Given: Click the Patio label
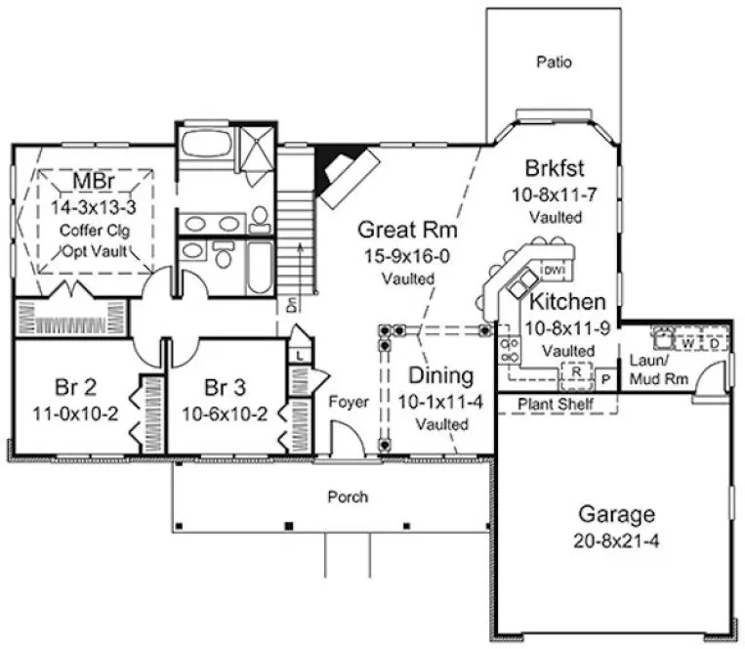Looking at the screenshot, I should pyautogui.click(x=554, y=63).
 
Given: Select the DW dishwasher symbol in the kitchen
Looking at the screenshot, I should pyautogui.click(x=554, y=269).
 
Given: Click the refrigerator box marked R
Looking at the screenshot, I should pyautogui.click(x=577, y=372).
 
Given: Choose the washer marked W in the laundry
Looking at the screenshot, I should pyautogui.click(x=687, y=343).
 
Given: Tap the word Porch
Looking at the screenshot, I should pyautogui.click(x=348, y=497).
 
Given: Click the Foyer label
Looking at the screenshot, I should pyautogui.click(x=347, y=402).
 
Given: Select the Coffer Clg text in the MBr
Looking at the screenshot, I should pyautogui.click(x=94, y=231).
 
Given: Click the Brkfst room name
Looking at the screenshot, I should pyautogui.click(x=554, y=168).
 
